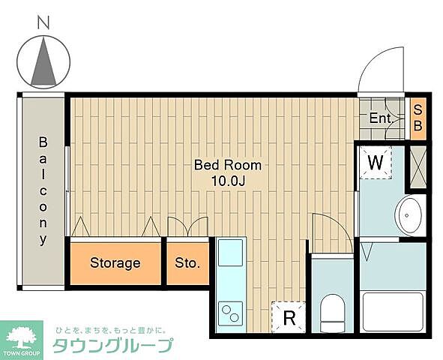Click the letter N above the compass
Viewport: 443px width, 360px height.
[43, 24]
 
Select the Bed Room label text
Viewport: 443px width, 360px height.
[228, 165]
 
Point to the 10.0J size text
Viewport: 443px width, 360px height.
[228, 181]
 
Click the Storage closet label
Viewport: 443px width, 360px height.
[115, 263]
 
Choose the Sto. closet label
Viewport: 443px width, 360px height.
[187, 263]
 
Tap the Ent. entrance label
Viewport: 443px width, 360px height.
[381, 118]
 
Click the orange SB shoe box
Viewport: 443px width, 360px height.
[418, 118]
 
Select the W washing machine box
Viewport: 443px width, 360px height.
[376, 161]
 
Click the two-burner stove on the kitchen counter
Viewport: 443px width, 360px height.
[229, 310]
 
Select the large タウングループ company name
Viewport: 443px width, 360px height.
[112, 346]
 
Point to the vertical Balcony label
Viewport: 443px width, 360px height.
[43, 190]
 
